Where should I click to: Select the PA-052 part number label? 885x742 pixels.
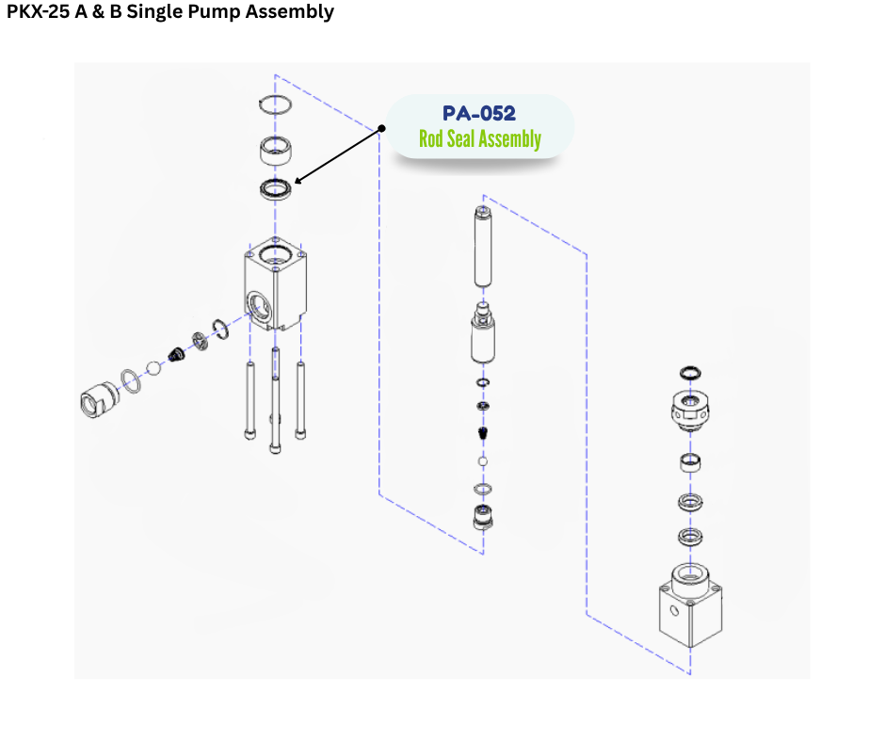click(x=479, y=113)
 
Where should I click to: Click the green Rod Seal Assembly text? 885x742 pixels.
click(x=479, y=139)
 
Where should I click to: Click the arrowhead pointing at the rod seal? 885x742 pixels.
click(x=298, y=180)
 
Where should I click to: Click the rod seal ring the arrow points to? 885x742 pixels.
click(x=275, y=188)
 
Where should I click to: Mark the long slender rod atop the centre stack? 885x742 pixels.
click(x=484, y=247)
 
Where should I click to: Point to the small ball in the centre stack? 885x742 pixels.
click(x=483, y=462)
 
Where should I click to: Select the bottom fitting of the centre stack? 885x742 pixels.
click(x=483, y=516)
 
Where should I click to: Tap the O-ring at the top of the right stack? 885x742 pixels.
click(x=689, y=374)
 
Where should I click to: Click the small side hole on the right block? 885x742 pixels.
click(x=674, y=610)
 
